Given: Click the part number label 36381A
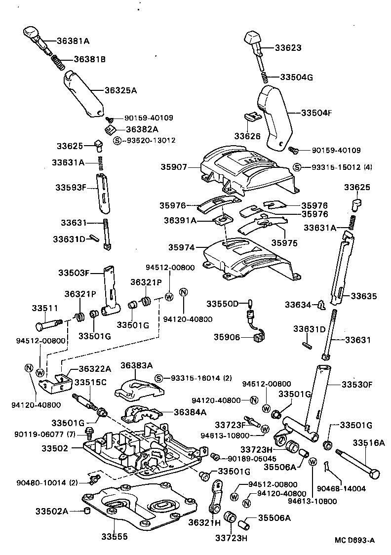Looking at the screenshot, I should pos(72,40).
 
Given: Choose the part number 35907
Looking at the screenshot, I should pos(173,167).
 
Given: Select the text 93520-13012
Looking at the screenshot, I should pos(151,140).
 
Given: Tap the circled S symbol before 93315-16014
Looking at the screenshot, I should pos(159,378).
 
